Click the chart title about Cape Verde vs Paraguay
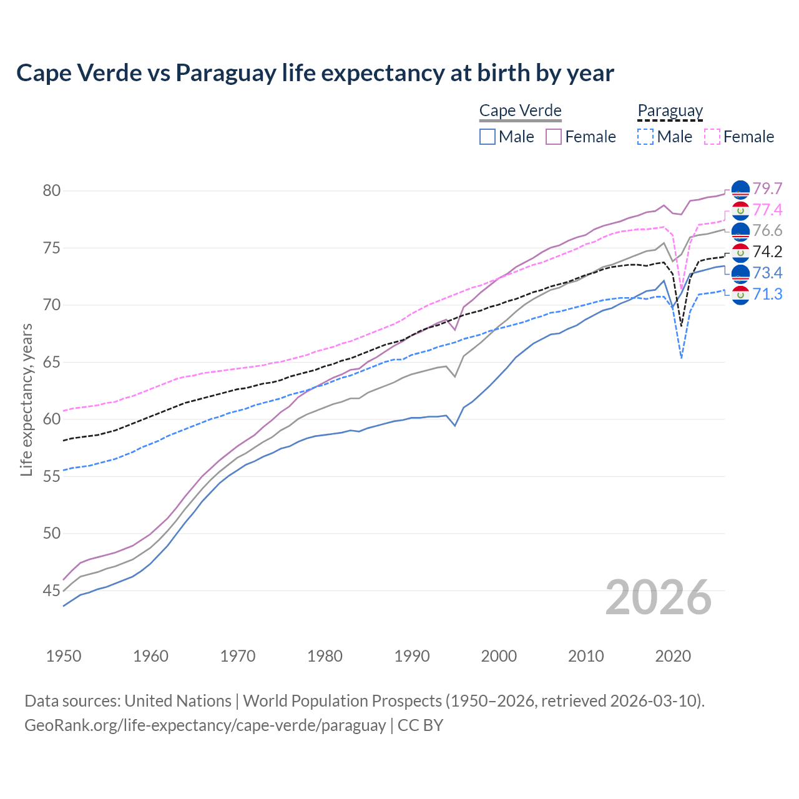click(315, 73)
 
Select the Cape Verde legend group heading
click(521, 111)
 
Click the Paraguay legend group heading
click(670, 111)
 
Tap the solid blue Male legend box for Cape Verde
click(488, 137)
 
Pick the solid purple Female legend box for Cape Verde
click(554, 137)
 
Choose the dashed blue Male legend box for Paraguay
click(645, 137)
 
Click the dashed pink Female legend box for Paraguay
click(712, 137)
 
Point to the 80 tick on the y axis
click(52, 191)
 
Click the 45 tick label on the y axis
click(52, 591)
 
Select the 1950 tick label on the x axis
click(64, 656)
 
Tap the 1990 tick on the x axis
click(412, 656)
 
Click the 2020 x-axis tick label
click(673, 656)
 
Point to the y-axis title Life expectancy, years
click(27, 399)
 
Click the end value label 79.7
click(767, 189)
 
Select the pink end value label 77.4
click(767, 210)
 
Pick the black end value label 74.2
click(767, 252)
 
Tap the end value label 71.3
click(767, 294)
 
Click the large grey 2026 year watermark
click(658, 597)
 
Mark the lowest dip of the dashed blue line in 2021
click(681, 358)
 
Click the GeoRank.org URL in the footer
click(205, 725)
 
